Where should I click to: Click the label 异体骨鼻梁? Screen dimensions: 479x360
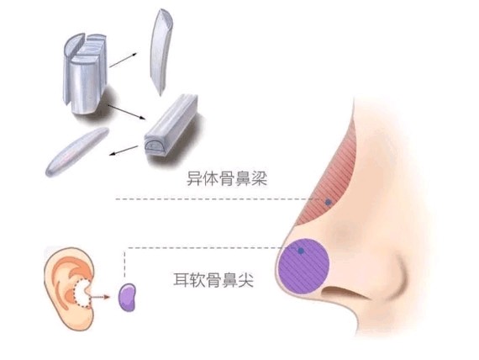point(227,178)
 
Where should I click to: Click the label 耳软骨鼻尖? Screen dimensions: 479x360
point(213,279)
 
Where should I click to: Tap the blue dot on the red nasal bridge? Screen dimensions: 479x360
point(328,202)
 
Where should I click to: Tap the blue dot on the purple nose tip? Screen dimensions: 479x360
point(301,251)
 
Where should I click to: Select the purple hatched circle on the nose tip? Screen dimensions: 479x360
point(303,266)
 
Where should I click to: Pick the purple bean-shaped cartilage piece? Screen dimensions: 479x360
point(127,297)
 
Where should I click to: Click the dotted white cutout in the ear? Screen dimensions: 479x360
point(82,294)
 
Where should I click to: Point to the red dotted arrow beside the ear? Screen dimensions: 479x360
point(100,297)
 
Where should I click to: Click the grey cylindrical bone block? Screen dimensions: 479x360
point(85,73)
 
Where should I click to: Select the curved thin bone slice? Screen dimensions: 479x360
point(161,52)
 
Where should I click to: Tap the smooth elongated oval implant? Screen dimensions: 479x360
point(77,151)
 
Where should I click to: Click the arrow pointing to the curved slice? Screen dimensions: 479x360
point(123,60)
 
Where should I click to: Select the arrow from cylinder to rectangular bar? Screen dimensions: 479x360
point(126,112)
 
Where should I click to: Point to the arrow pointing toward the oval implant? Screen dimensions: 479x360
point(124,151)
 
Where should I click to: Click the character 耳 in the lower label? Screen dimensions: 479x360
point(181,279)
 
